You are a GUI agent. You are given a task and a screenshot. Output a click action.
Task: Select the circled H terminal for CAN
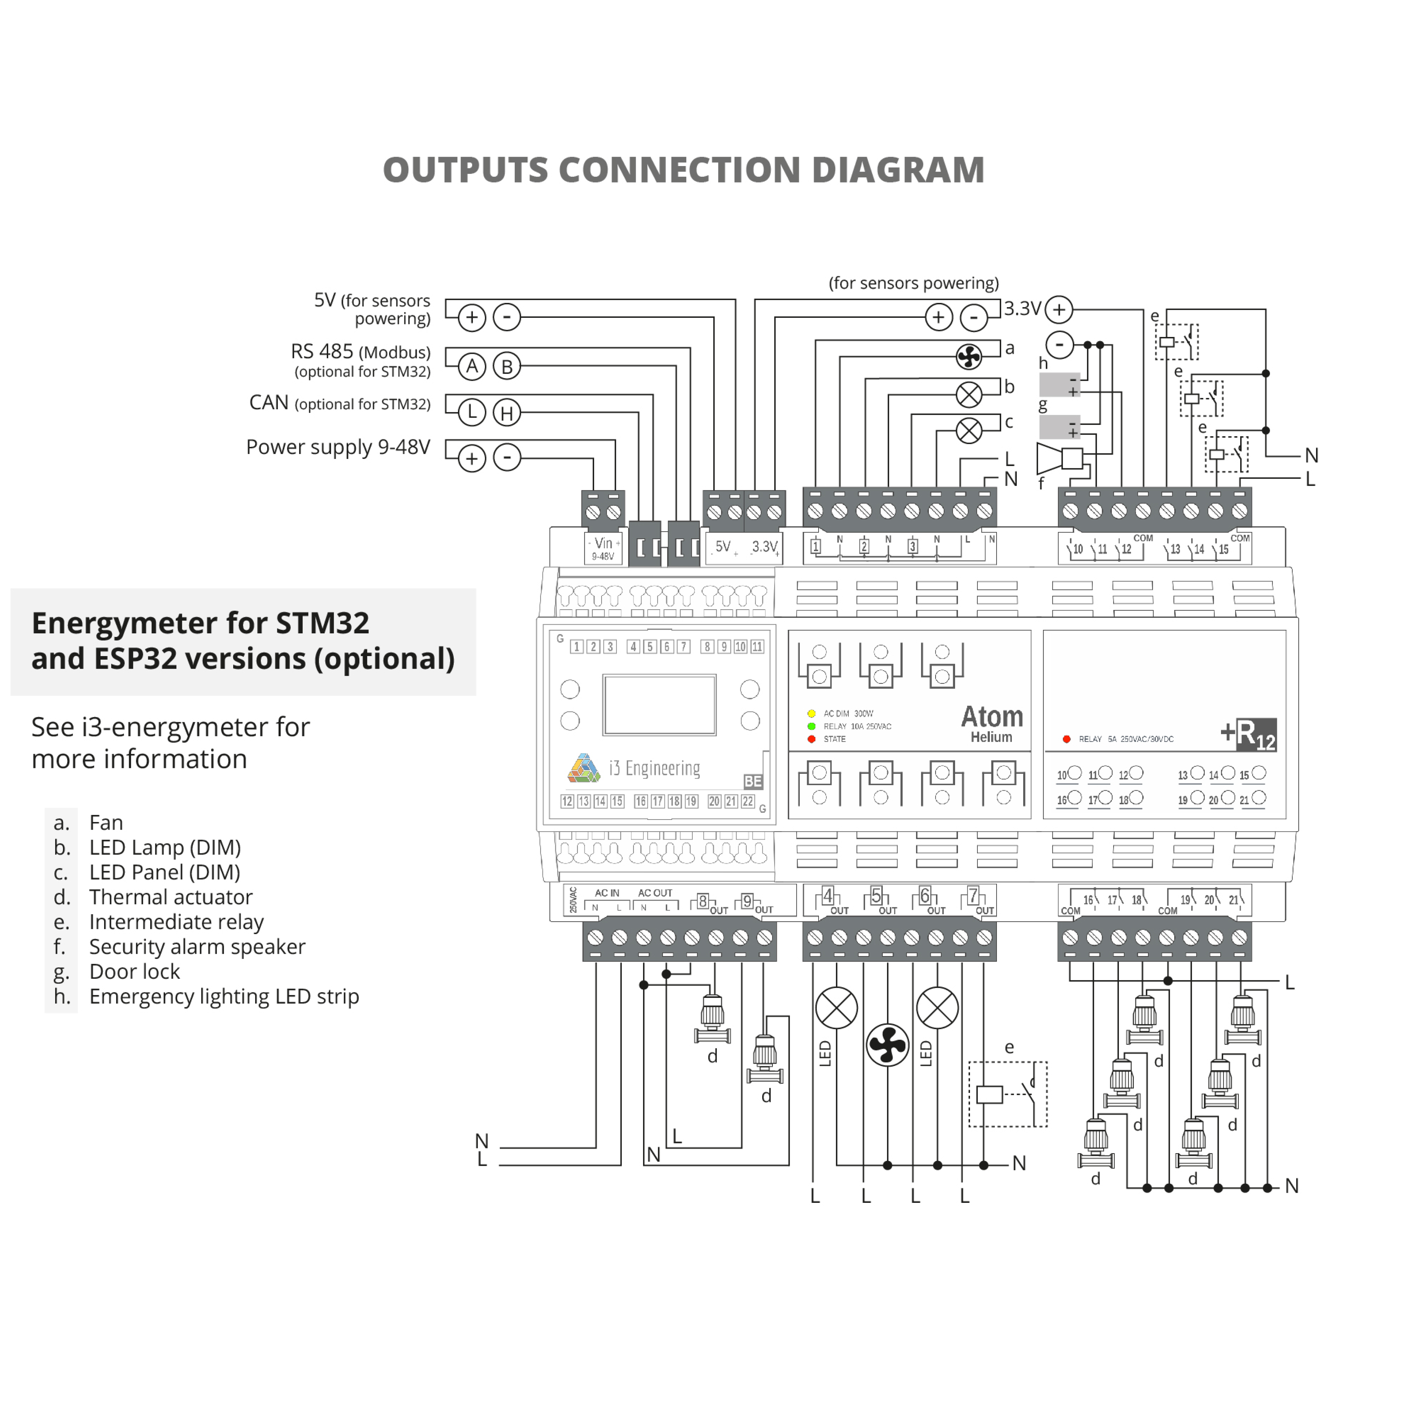pyautogui.click(x=507, y=413)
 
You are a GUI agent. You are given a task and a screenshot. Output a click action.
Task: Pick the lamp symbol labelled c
pyautogui.click(x=969, y=431)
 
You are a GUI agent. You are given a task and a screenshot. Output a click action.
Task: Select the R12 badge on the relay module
pyautogui.click(x=1255, y=735)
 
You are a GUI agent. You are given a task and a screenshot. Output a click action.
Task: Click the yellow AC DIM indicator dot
pyautogui.click(x=811, y=713)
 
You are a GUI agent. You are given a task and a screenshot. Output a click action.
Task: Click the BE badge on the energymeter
pyautogui.click(x=753, y=781)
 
